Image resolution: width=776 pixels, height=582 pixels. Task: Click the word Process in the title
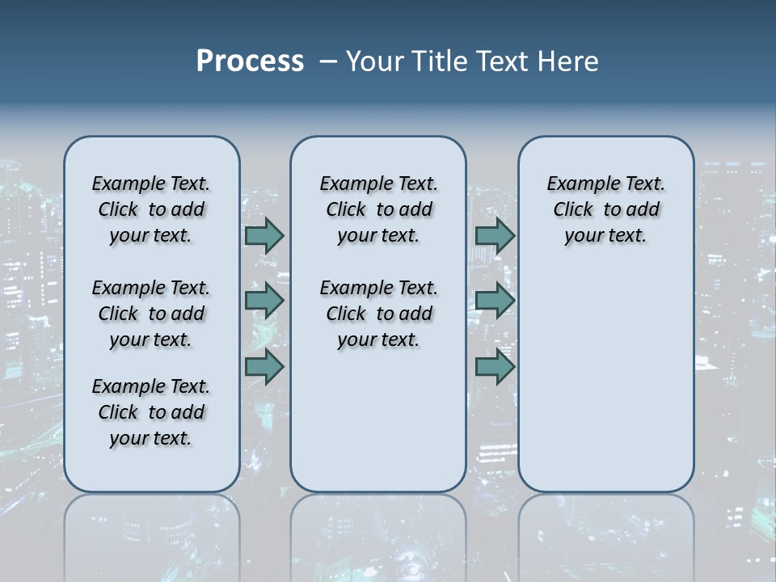[250, 61]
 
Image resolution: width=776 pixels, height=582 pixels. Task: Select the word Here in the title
[569, 61]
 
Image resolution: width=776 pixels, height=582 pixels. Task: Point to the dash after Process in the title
[327, 61]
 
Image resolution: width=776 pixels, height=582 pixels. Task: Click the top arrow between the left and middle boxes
[264, 235]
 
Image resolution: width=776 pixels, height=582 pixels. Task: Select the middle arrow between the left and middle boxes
[264, 301]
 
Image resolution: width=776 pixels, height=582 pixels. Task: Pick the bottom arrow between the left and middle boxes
[264, 367]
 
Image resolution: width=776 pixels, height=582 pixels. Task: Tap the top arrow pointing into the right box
[495, 235]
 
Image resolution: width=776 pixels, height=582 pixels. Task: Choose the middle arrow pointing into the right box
[495, 301]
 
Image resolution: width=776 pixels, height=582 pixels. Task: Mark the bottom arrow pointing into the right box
[495, 367]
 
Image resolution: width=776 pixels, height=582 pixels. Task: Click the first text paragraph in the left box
[151, 209]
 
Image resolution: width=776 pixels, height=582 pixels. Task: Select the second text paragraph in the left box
[151, 314]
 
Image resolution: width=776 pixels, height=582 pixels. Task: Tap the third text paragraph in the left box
[151, 412]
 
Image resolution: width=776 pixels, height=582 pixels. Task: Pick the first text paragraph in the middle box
[378, 209]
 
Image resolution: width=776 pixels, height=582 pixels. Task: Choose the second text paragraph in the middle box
[378, 314]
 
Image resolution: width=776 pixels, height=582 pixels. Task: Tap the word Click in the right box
[573, 210]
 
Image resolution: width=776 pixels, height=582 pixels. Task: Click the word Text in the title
[504, 61]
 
